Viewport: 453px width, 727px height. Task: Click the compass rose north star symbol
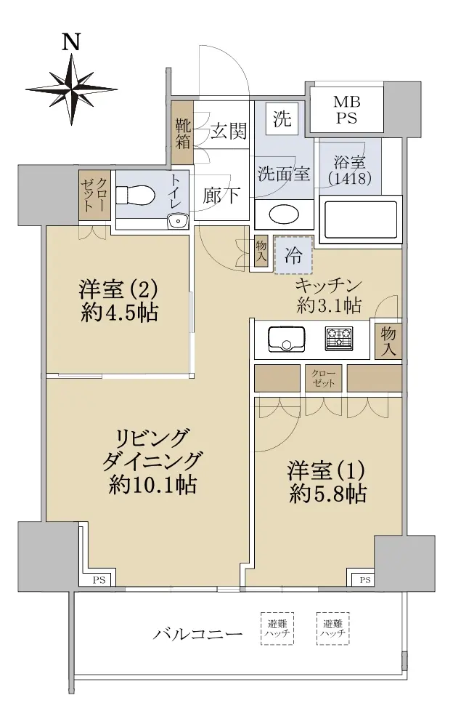click(73, 89)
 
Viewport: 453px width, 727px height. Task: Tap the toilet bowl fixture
click(135, 194)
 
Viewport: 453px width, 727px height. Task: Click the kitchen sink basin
click(287, 340)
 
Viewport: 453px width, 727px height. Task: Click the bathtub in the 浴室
click(360, 218)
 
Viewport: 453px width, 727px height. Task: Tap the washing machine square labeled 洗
click(282, 119)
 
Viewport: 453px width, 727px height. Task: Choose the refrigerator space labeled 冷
click(294, 254)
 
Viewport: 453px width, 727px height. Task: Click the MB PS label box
click(346, 110)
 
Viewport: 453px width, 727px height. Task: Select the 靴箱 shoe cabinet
click(182, 133)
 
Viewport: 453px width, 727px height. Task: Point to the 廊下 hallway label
click(221, 196)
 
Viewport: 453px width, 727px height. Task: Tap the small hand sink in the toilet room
click(177, 222)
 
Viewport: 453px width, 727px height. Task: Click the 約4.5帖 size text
click(120, 313)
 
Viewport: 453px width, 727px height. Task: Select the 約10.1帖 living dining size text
click(152, 484)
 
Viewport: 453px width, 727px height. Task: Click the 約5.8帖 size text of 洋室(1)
click(327, 494)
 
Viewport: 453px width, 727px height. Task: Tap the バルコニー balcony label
click(197, 633)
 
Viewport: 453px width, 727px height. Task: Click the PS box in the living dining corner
click(99, 580)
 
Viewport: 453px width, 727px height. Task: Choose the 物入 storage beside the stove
click(388, 341)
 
